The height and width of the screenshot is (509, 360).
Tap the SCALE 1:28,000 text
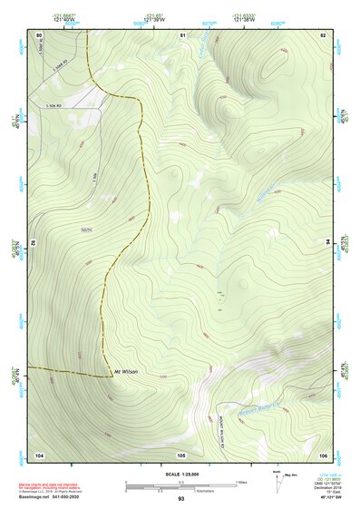coord(180,474)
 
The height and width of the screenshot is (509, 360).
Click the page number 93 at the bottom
coord(180,499)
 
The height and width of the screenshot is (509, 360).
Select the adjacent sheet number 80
coord(39,34)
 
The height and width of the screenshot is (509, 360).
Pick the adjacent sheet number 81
coord(182,34)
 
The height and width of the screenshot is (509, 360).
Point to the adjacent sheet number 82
coord(322,34)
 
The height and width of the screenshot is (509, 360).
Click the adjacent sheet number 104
coord(39,454)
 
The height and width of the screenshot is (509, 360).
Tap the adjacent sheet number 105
coord(181,454)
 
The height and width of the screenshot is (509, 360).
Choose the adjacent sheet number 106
coord(322,454)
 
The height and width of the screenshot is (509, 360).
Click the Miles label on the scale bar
coord(241,482)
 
